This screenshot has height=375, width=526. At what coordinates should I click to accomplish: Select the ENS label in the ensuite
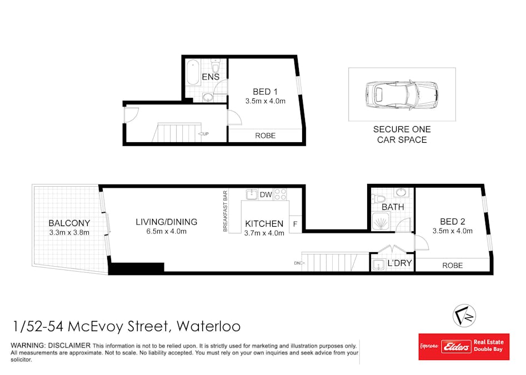click(211, 77)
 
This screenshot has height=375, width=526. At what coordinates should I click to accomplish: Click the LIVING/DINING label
click(167, 222)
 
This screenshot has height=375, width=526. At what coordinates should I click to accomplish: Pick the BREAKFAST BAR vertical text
click(226, 211)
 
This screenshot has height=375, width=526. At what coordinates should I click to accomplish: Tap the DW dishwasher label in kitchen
click(265, 194)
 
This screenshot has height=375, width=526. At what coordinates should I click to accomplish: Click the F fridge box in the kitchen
click(295, 224)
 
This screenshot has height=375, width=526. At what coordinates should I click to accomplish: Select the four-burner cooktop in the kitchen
click(280, 194)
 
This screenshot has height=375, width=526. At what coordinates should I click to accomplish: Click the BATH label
click(393, 207)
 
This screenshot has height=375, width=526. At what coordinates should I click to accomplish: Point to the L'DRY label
click(399, 263)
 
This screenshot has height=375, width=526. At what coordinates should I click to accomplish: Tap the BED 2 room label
click(452, 222)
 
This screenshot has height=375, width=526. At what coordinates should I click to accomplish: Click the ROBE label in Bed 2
click(452, 266)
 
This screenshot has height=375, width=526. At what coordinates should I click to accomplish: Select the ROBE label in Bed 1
click(265, 136)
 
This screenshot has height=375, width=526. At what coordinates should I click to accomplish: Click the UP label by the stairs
click(206, 134)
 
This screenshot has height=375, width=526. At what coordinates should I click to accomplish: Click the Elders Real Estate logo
click(463, 347)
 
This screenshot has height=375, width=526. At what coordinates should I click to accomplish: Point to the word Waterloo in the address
click(208, 326)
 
